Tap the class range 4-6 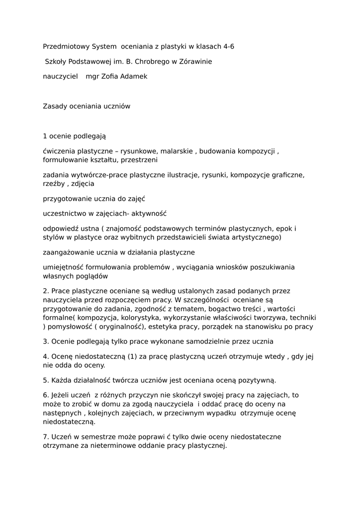coord(229,47)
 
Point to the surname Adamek coord(131,77)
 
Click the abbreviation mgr coord(92,77)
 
